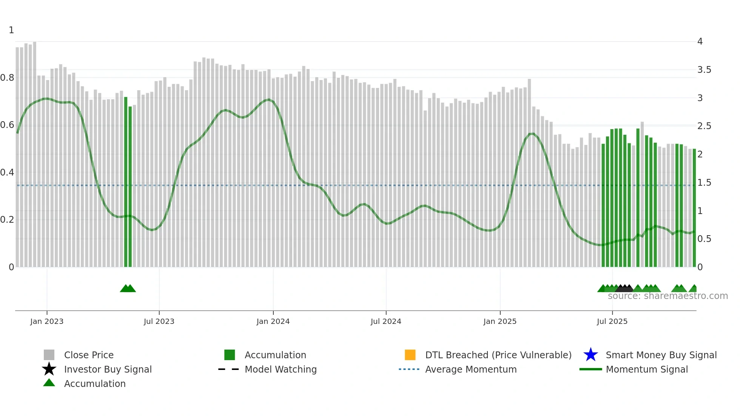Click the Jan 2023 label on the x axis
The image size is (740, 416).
(x=47, y=321)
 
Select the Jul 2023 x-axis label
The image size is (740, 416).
(x=159, y=321)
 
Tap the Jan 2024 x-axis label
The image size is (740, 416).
(x=273, y=321)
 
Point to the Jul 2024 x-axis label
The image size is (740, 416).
(x=386, y=321)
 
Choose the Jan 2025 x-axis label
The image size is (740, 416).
(x=500, y=321)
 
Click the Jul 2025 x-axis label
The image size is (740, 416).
(x=612, y=321)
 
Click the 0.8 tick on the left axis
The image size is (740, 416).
(x=7, y=78)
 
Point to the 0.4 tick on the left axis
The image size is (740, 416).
(x=7, y=173)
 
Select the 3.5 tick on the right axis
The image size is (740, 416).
(x=704, y=70)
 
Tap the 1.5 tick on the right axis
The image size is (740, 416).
(x=704, y=183)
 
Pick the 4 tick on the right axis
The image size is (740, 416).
(x=700, y=42)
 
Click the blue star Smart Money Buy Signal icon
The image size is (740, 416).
(x=590, y=355)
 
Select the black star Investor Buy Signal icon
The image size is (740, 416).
(x=49, y=369)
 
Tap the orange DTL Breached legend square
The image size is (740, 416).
(x=410, y=355)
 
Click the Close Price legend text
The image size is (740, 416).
(x=89, y=355)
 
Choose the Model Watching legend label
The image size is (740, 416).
(x=281, y=369)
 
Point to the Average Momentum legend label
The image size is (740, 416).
(x=471, y=369)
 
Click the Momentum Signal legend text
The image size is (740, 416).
(x=647, y=369)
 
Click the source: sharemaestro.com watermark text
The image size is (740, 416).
(x=668, y=296)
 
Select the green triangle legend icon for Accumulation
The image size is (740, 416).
(x=49, y=383)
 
